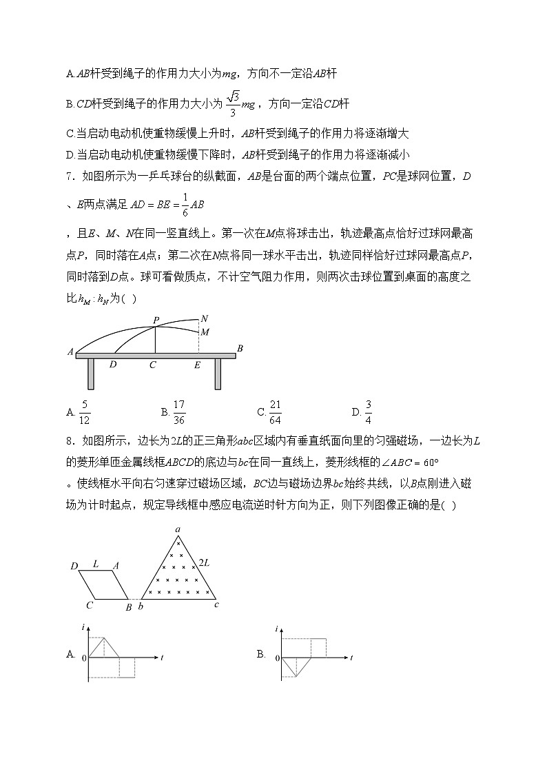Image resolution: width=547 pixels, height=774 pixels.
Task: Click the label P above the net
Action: [x=156, y=320]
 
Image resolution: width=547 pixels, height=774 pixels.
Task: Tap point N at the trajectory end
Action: [x=203, y=318]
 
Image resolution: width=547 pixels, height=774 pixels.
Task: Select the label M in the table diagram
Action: [x=204, y=332]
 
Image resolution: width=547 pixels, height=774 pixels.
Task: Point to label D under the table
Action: [x=113, y=365]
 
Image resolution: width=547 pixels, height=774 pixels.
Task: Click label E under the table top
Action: [x=197, y=365]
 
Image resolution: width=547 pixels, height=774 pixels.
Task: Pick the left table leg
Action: [x=90, y=374]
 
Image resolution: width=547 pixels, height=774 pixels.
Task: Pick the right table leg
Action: [x=218, y=374]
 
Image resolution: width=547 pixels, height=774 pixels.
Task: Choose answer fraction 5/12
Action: [x=85, y=412]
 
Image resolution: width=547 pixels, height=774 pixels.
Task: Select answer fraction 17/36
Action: [x=179, y=412]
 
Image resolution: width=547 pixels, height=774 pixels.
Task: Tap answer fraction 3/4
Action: [x=368, y=412]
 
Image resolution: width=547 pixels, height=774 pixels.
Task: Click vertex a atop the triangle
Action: [x=178, y=529]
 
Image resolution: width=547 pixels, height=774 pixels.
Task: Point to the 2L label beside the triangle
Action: [x=205, y=563]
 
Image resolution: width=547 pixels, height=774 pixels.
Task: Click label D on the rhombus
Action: [x=74, y=566]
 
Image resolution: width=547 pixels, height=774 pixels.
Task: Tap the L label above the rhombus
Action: [x=96, y=563]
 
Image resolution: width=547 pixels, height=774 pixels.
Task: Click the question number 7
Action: [x=69, y=176]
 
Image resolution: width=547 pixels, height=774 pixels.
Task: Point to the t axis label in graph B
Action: [x=351, y=658]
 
